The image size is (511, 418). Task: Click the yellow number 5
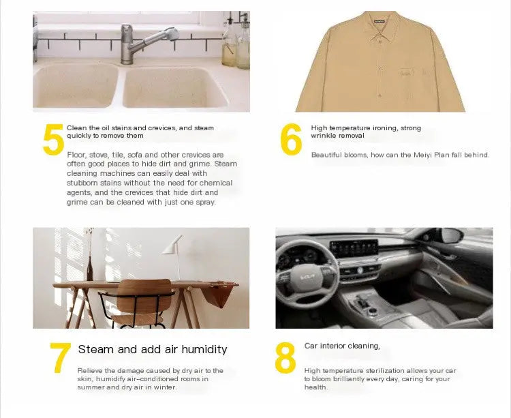(x=53, y=139)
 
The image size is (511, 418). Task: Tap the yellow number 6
(x=291, y=139)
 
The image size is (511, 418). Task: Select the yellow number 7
(x=60, y=357)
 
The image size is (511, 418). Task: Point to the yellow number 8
(x=285, y=357)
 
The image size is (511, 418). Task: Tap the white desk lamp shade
(x=172, y=245)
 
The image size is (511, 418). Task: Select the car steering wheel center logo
(x=307, y=277)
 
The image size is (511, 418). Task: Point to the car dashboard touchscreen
(x=354, y=248)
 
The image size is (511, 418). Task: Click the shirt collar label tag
(x=380, y=22)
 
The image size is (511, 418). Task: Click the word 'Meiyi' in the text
(x=422, y=155)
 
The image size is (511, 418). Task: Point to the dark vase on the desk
(x=90, y=268)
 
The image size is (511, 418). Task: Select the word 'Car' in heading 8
(x=311, y=346)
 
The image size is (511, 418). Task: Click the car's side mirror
(x=450, y=235)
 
